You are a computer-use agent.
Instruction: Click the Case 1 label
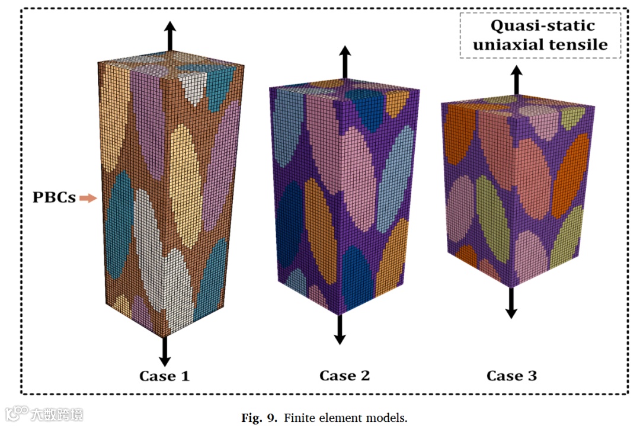point(164,376)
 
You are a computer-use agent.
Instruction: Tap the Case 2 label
point(344,376)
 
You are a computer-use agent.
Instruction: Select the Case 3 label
point(511,376)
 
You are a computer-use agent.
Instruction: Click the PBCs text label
point(54,198)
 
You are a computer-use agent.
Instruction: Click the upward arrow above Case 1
point(170,36)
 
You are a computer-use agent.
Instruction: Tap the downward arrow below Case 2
point(340,329)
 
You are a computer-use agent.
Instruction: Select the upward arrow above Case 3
point(517,79)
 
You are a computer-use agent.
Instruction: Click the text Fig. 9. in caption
point(259,418)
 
